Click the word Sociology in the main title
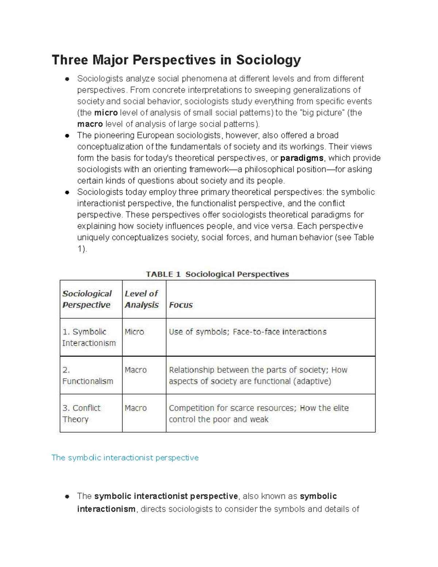click(268, 60)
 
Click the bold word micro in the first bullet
click(106, 113)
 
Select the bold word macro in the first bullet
click(90, 124)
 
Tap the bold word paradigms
click(301, 158)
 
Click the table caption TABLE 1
click(163, 274)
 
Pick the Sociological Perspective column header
click(87, 299)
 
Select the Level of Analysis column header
click(142, 299)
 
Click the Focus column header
click(181, 305)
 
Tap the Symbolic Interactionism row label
click(89, 337)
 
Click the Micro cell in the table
click(134, 332)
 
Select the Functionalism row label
click(88, 376)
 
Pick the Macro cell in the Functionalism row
click(135, 370)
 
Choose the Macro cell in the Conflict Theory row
click(135, 408)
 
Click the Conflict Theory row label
click(81, 413)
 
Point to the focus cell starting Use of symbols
click(247, 332)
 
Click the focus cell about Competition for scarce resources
click(258, 413)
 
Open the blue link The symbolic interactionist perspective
click(125, 457)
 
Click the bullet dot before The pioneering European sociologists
click(67, 135)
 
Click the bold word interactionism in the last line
click(106, 509)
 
